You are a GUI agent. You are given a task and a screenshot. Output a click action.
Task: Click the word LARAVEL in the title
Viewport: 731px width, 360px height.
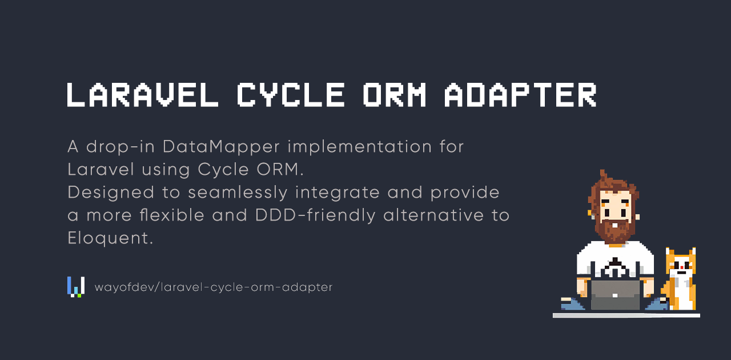pyautogui.click(x=143, y=95)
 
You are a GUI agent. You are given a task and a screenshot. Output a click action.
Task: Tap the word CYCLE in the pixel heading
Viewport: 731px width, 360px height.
pyautogui.click(x=291, y=95)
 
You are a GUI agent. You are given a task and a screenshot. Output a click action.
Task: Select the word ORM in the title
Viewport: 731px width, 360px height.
pyautogui.click(x=395, y=95)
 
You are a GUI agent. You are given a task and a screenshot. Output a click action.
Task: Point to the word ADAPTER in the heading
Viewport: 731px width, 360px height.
pyautogui.click(x=520, y=95)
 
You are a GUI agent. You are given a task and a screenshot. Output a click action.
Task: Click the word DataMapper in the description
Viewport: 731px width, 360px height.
pyautogui.click(x=221, y=147)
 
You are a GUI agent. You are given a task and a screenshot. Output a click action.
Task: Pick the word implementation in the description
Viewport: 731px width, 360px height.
pyautogui.click(x=360, y=147)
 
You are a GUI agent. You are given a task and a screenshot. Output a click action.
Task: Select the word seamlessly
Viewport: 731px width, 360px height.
pyautogui.click(x=238, y=193)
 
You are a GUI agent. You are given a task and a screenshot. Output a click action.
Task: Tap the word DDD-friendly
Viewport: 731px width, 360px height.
pyautogui.click(x=315, y=215)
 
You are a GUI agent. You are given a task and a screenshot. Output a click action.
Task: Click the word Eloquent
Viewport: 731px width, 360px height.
pyautogui.click(x=110, y=238)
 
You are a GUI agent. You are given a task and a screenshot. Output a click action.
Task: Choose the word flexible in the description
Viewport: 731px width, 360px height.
pyautogui.click(x=172, y=215)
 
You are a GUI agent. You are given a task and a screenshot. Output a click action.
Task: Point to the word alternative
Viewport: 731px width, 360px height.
pyautogui.click(x=433, y=215)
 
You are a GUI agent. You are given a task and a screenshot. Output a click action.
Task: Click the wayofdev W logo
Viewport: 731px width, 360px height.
pyautogui.click(x=76, y=287)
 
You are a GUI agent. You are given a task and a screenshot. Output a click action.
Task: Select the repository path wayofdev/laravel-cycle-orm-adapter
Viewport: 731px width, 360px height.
pyautogui.click(x=214, y=287)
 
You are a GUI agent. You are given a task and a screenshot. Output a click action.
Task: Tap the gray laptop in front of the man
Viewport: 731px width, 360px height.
pyautogui.click(x=615, y=295)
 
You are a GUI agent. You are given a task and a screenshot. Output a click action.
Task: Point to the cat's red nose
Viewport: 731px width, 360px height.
pyautogui.click(x=682, y=267)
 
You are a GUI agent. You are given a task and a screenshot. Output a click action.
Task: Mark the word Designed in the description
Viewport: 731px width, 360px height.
pyautogui.click(x=111, y=193)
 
